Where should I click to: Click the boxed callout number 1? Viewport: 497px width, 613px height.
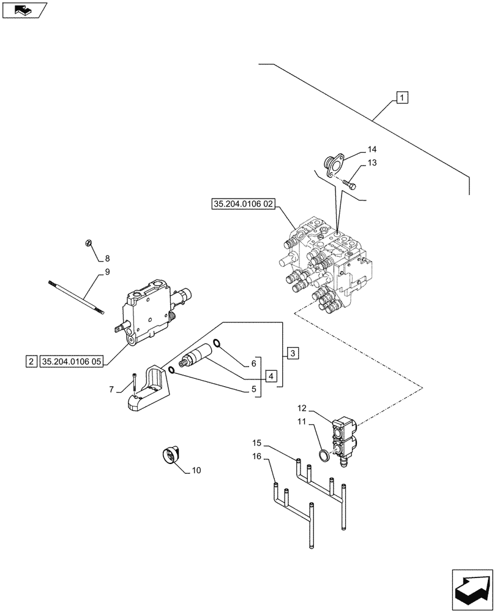tap(402, 97)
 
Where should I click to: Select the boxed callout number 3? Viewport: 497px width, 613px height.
tap(293, 353)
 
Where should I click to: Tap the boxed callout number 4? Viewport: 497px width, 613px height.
tap(271, 375)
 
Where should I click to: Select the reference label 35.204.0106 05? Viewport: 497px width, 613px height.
tap(71, 361)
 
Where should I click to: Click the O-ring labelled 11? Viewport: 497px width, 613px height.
tap(324, 455)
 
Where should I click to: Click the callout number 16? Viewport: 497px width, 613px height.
tap(258, 457)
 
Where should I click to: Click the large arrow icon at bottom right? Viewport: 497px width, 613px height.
tap(472, 589)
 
